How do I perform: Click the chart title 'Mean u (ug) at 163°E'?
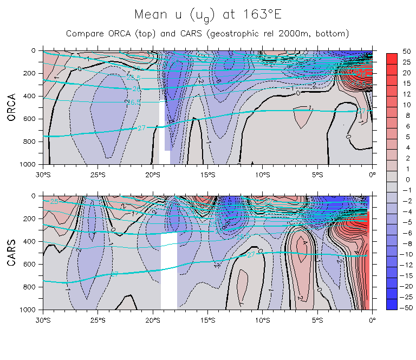(208, 15)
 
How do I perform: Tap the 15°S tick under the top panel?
(208, 174)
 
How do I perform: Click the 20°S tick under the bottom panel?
(153, 320)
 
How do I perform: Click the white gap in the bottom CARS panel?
(169, 271)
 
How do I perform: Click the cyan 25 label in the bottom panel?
(53, 202)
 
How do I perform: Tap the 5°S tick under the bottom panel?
(317, 320)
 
